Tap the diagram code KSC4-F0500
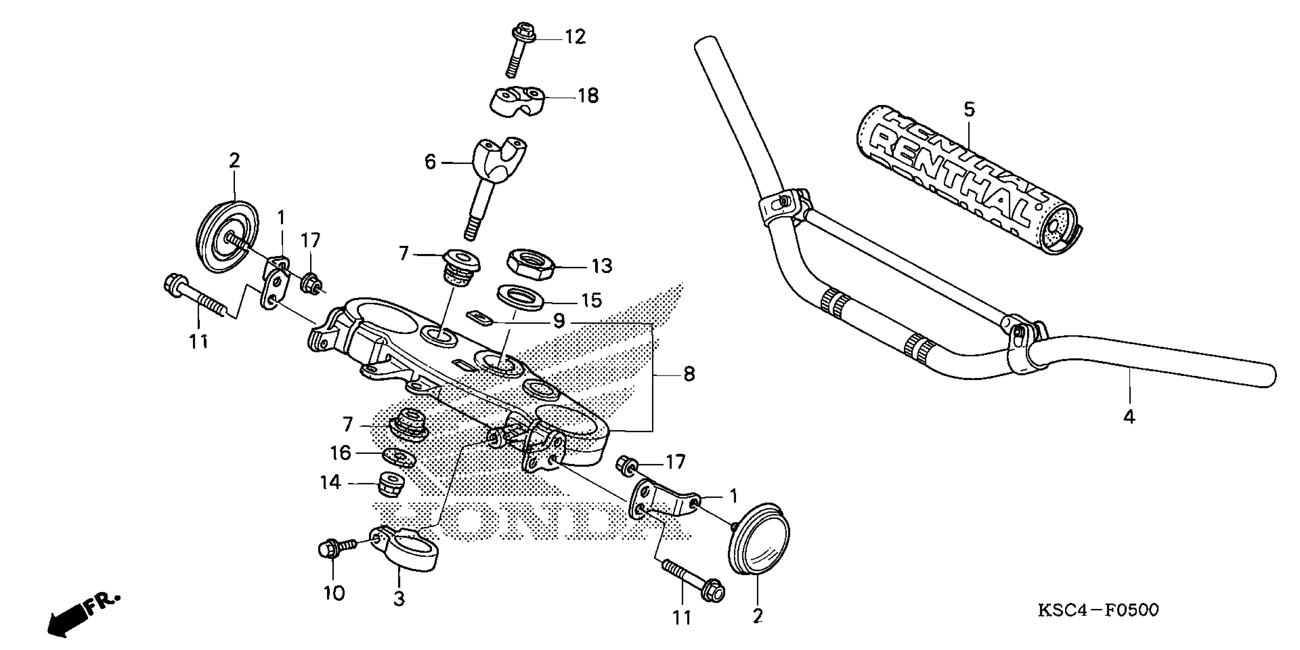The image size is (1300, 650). pos(1098,610)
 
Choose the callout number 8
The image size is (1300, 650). pos(689,374)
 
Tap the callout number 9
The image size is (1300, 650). pos(559,321)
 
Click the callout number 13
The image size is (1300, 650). pos(602,266)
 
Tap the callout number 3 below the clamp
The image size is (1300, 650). pos(399,599)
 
